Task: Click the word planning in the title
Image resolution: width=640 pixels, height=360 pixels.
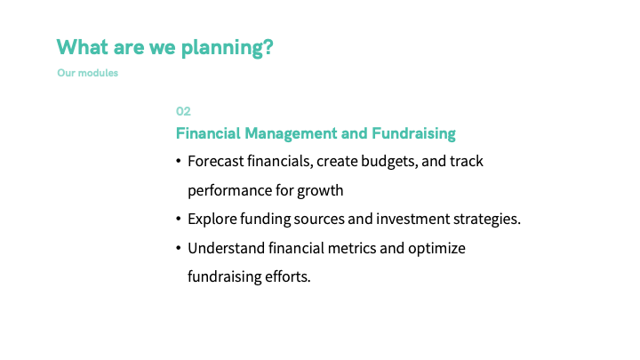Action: [x=222, y=48]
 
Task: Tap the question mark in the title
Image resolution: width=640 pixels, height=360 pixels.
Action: [x=268, y=46]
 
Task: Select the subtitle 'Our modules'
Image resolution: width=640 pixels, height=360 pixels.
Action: [x=87, y=73]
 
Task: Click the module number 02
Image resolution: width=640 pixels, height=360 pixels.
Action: [x=183, y=111]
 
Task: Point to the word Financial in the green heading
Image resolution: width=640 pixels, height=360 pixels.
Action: [x=208, y=133]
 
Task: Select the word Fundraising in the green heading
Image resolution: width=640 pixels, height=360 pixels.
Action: [x=413, y=134]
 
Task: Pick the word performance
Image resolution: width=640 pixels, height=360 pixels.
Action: [x=230, y=191]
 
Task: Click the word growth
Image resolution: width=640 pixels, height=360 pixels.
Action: [x=320, y=191]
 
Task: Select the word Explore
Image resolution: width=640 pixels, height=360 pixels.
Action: [x=212, y=220]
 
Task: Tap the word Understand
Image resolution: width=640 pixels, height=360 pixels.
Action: [x=226, y=248]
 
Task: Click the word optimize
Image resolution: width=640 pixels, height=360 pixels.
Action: [x=436, y=249]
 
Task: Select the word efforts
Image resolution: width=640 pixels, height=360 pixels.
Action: [x=288, y=276]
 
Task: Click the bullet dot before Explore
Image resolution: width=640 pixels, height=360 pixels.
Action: [x=179, y=220]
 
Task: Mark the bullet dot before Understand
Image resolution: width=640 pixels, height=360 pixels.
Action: [x=179, y=248]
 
